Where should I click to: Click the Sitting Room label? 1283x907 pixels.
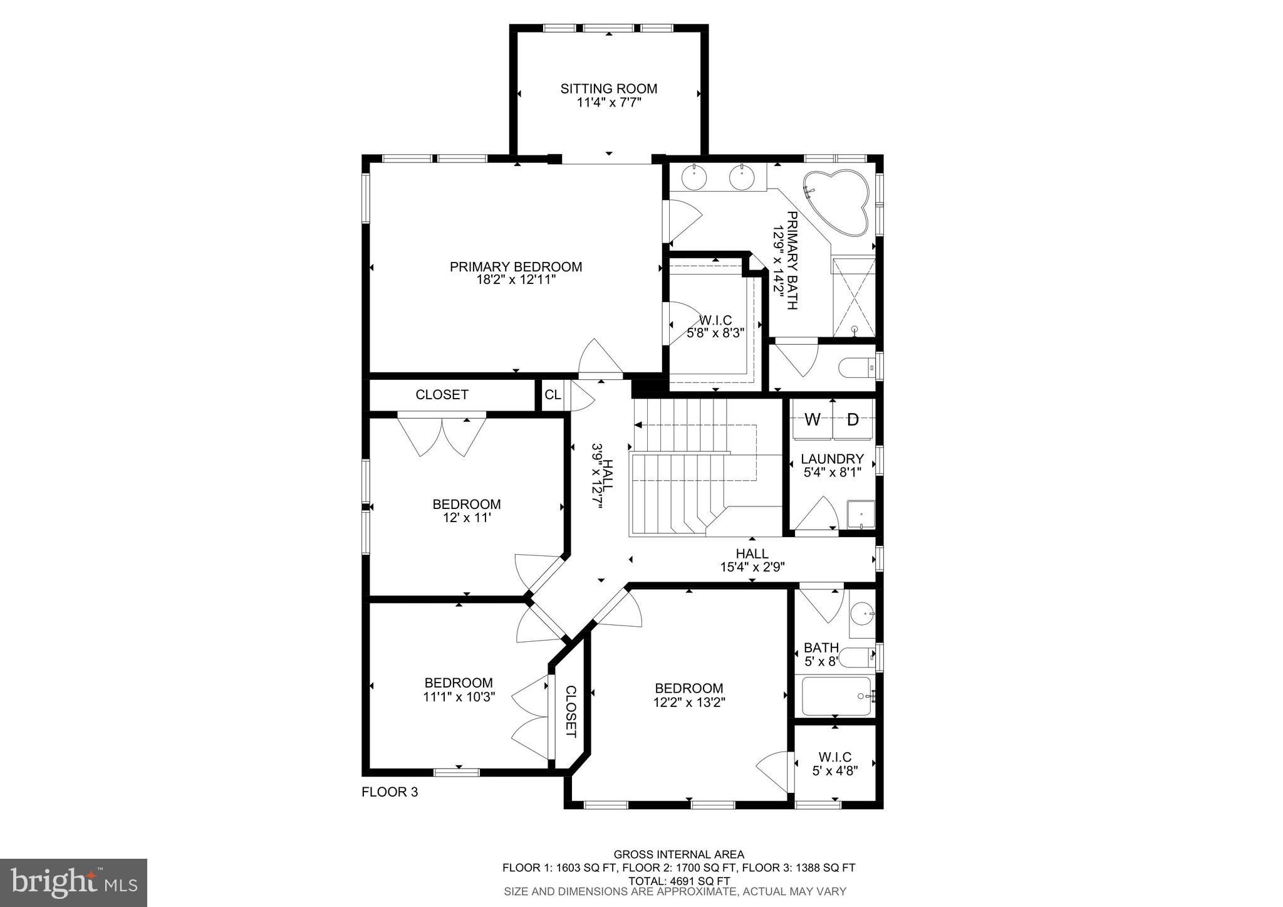[608, 88]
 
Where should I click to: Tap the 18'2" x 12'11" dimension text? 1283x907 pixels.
[516, 280]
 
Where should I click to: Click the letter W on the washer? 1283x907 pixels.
[812, 420]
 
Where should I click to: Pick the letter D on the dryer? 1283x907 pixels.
[853, 420]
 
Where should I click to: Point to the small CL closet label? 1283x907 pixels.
[553, 395]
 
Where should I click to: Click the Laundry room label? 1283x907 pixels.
[832, 459]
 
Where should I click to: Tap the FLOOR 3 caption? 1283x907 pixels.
[390, 792]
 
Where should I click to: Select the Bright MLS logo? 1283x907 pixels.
[73, 883]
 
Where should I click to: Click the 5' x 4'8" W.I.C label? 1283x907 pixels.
[834, 771]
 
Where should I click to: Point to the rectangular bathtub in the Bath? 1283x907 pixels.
[836, 696]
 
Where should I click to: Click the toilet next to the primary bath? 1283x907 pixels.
[856, 368]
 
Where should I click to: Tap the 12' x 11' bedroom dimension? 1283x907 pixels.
[466, 518]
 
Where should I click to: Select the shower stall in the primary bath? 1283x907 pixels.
[853, 298]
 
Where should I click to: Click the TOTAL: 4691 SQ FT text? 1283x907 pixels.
[678, 881]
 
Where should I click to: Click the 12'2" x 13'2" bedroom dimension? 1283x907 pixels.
[688, 702]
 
